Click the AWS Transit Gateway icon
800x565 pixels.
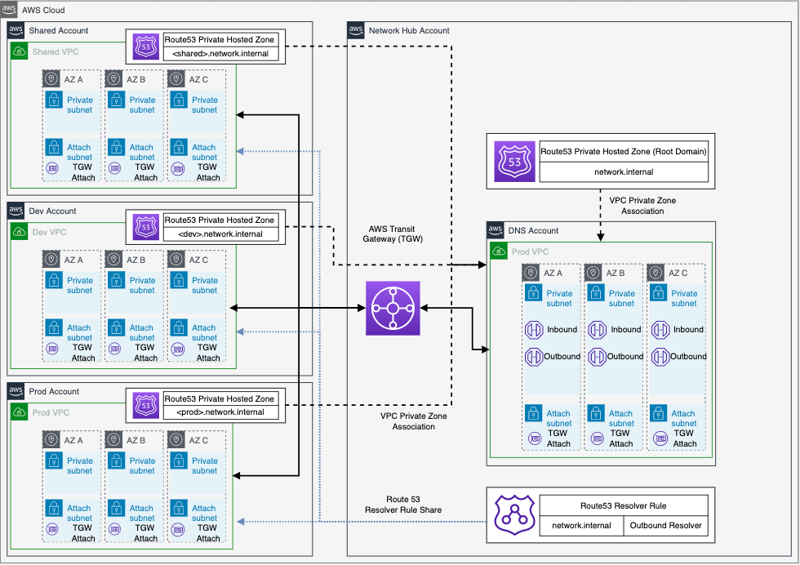coord(393,309)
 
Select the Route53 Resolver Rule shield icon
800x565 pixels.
coord(514,515)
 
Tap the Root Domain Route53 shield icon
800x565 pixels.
coord(514,162)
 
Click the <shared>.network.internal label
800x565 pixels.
coord(220,54)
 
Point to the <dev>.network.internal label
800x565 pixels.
coord(220,234)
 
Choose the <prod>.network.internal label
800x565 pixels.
coord(220,412)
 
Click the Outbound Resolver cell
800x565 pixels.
coord(666,526)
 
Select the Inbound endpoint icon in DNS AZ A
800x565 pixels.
coord(534,330)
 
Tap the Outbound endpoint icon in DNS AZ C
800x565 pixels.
coord(660,357)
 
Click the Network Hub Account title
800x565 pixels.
coord(409,31)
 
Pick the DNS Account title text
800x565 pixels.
coord(533,231)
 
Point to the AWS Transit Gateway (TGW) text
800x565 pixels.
coord(393,234)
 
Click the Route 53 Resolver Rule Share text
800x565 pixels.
coord(403,505)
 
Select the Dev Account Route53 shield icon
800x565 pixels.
coord(146,227)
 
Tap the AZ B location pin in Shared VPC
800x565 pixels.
coord(113,79)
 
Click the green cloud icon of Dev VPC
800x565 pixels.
coord(20,232)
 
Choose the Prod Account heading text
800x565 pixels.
coord(54,391)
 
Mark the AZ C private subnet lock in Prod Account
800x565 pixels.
coord(179,460)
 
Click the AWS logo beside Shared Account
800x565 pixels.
coord(16,30)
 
